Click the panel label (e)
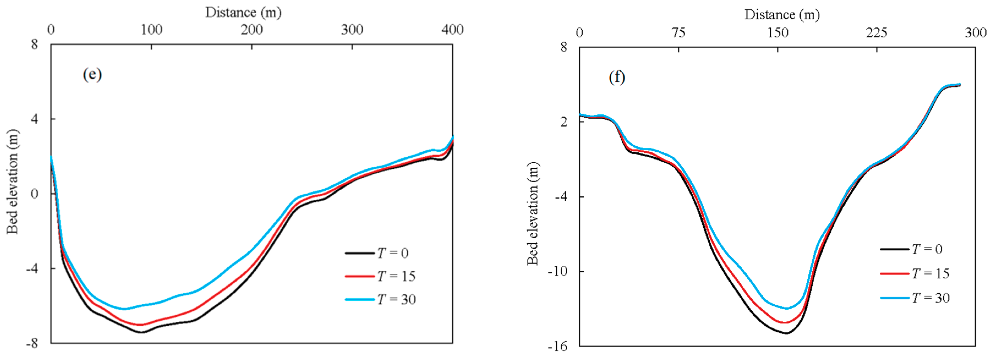(x=92, y=74)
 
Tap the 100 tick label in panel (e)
(x=151, y=30)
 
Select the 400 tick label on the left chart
(x=452, y=30)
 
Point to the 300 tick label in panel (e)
(x=352, y=30)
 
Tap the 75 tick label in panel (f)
(x=679, y=33)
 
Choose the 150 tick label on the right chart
(x=778, y=33)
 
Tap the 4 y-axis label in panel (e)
(x=35, y=119)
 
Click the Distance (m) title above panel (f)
(x=782, y=15)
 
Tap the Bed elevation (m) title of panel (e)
(x=12, y=182)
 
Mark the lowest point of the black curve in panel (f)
(x=786, y=333)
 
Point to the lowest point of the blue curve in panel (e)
(x=124, y=309)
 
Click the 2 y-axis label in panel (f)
(x=564, y=122)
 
